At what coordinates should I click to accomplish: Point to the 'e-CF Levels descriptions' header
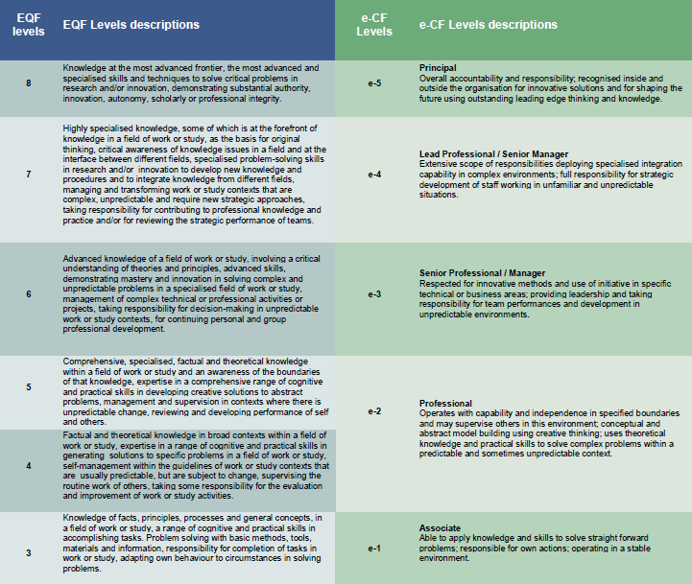489,24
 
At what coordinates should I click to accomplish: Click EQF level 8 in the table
28,84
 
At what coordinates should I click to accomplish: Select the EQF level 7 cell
28,175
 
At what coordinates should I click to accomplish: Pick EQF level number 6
28,294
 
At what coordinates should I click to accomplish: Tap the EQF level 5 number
28,387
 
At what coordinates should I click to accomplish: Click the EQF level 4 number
28,465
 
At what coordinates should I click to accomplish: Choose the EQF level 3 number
28,551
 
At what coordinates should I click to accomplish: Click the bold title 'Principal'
439,68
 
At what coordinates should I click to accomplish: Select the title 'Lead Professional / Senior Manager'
494,153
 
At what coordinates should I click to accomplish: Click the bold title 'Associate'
441,528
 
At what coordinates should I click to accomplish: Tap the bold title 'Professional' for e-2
446,404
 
